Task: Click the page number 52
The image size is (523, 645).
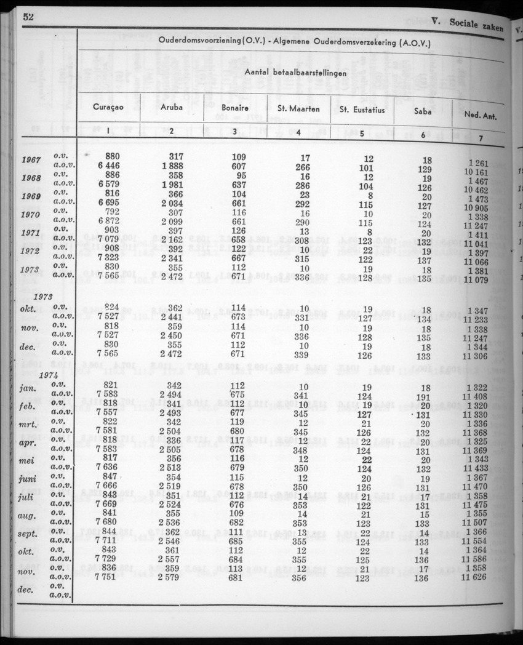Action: coord(26,17)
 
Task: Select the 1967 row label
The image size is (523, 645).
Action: coord(31,161)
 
